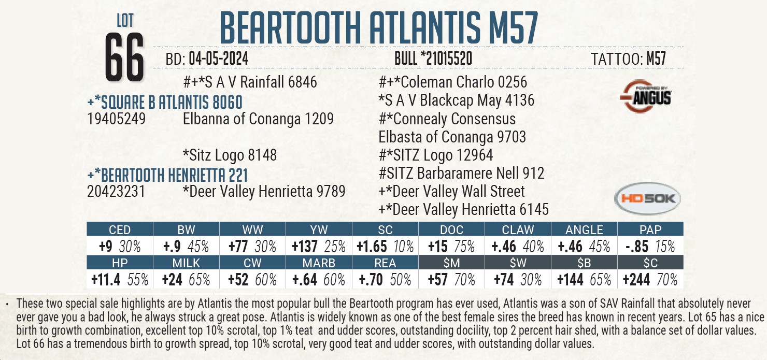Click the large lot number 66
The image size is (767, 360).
(124, 58)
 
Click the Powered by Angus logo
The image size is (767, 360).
(646, 96)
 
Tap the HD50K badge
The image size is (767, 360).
(647, 198)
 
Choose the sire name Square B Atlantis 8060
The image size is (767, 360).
(165, 102)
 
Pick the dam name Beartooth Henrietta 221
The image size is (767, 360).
(167, 175)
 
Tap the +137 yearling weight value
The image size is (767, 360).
(303, 246)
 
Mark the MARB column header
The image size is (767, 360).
(319, 263)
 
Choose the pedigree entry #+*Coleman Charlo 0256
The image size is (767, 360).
(453, 82)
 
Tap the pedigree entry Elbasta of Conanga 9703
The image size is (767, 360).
(452, 137)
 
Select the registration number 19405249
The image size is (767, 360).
(116, 120)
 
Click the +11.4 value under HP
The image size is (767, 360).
(106, 280)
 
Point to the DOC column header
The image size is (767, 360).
(451, 230)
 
